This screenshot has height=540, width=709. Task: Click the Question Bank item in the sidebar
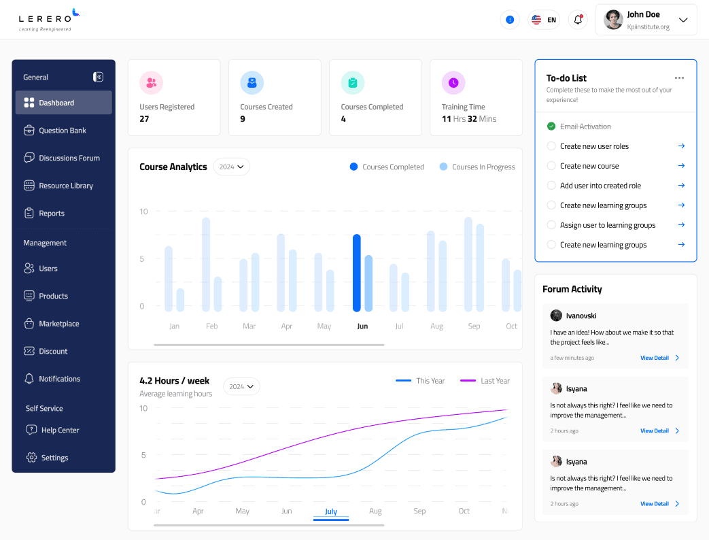(62, 131)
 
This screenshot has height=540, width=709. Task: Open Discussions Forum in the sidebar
(69, 158)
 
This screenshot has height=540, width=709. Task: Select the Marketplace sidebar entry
(58, 324)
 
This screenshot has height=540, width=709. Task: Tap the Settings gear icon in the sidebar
(31, 458)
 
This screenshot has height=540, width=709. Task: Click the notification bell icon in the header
(578, 20)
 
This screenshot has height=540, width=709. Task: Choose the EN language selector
(544, 20)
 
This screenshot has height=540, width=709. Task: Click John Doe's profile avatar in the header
(613, 20)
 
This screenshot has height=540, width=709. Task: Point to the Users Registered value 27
(144, 119)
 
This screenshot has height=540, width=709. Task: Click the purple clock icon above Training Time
(453, 83)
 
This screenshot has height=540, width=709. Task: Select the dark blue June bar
(356, 273)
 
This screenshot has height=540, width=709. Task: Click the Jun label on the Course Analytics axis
(362, 326)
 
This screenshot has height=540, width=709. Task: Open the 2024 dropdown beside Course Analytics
(232, 167)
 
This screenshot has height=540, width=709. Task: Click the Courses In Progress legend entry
(477, 167)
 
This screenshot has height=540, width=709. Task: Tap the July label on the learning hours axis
(331, 511)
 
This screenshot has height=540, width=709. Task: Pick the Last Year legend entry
(485, 381)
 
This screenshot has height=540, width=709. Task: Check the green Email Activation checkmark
(551, 126)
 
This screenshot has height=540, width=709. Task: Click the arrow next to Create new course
(681, 166)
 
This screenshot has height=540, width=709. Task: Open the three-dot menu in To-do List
(679, 78)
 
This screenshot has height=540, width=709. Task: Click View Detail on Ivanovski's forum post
(659, 358)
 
